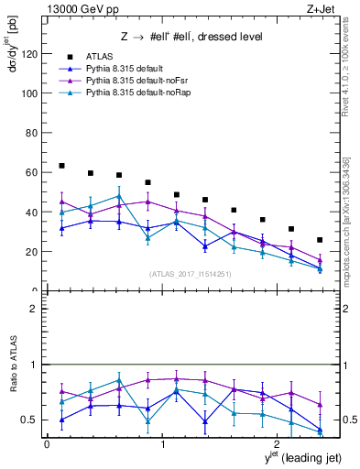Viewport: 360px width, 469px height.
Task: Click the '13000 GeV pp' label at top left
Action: coord(81,8)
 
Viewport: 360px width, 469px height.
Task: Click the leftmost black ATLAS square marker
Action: coord(61,166)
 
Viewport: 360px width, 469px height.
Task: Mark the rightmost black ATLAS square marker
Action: coord(320,240)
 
